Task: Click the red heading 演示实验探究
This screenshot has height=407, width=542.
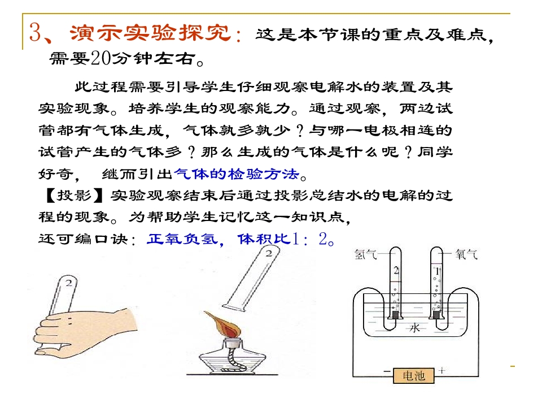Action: coord(151,33)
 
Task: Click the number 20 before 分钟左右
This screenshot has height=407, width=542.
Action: coord(100,58)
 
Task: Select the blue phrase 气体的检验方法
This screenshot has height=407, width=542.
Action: coord(237,174)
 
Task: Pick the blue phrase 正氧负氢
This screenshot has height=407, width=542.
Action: coord(182,239)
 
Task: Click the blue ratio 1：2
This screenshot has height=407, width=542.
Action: coord(309,239)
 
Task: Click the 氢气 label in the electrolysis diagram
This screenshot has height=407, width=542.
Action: coord(365,255)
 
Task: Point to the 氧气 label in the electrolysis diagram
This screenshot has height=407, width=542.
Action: coord(466,254)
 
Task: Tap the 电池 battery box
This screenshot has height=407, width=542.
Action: coord(414,375)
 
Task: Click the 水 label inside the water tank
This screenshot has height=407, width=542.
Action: coord(414,327)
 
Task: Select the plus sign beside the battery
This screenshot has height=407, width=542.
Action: coord(442,370)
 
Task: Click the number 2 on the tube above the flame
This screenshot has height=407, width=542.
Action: coord(269,254)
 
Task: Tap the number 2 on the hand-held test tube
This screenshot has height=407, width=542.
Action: coord(69,283)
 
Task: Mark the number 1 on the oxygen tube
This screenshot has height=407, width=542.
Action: coord(437,271)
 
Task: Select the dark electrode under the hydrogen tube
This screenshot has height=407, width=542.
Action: coord(395,315)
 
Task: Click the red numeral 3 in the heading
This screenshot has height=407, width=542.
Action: coord(36,32)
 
